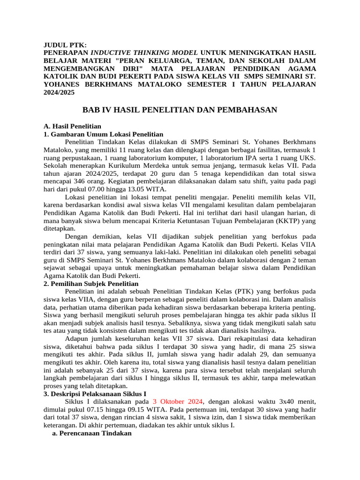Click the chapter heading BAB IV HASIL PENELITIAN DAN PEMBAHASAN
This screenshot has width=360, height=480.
tap(180, 110)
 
